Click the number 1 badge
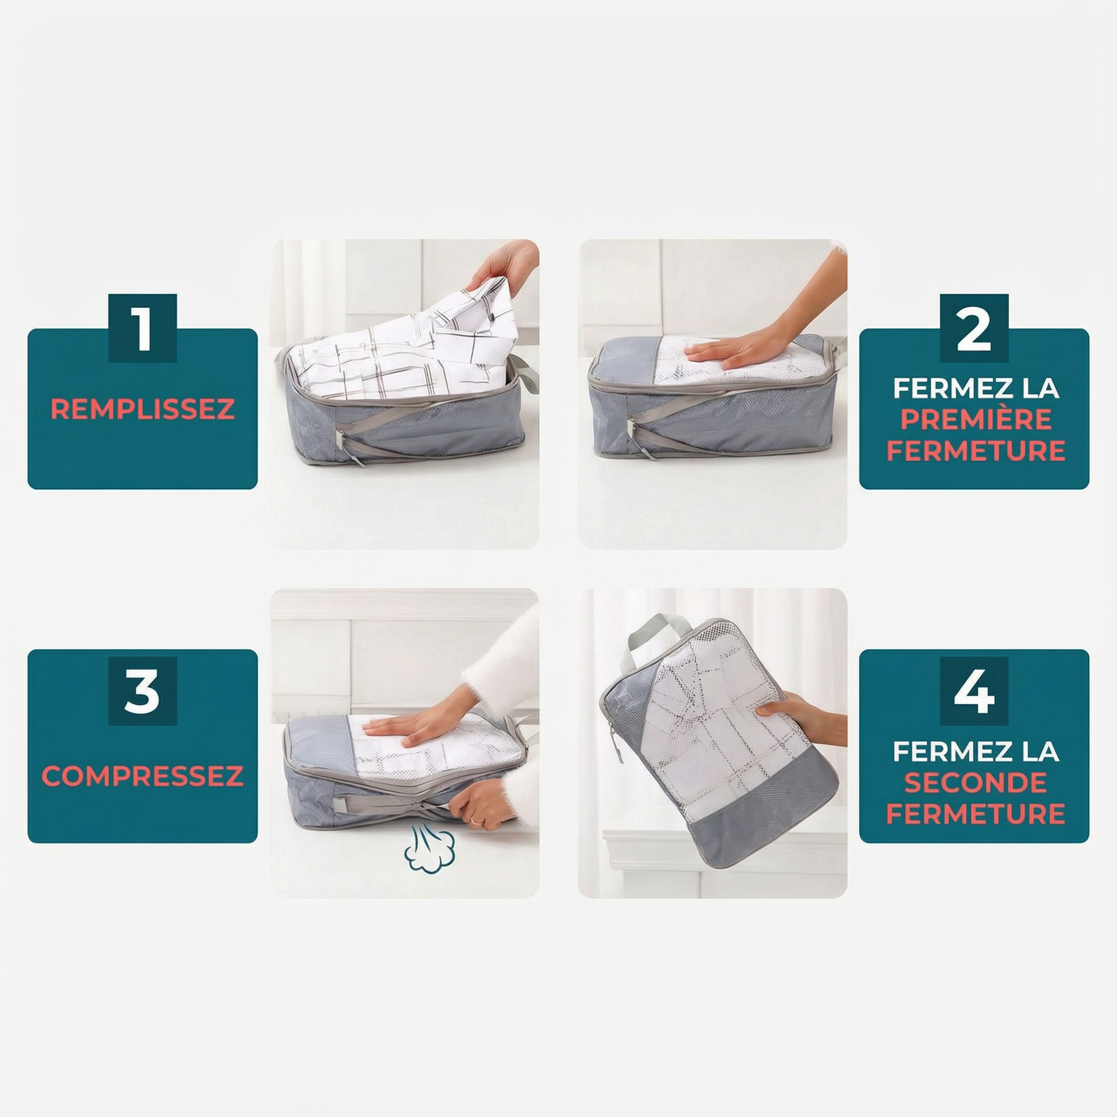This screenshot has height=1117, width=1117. pyautogui.click(x=142, y=328)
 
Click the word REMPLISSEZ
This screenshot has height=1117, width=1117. pyautogui.click(x=142, y=409)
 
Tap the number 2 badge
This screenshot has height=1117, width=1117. pyautogui.click(x=974, y=328)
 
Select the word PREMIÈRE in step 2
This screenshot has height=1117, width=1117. pyautogui.click(x=975, y=419)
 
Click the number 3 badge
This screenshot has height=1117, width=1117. pyautogui.click(x=142, y=691)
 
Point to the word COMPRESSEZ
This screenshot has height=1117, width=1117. pyautogui.click(x=142, y=776)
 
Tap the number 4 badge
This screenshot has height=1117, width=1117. pyautogui.click(x=974, y=691)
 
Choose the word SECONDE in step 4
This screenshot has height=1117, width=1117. pyautogui.click(x=975, y=782)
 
